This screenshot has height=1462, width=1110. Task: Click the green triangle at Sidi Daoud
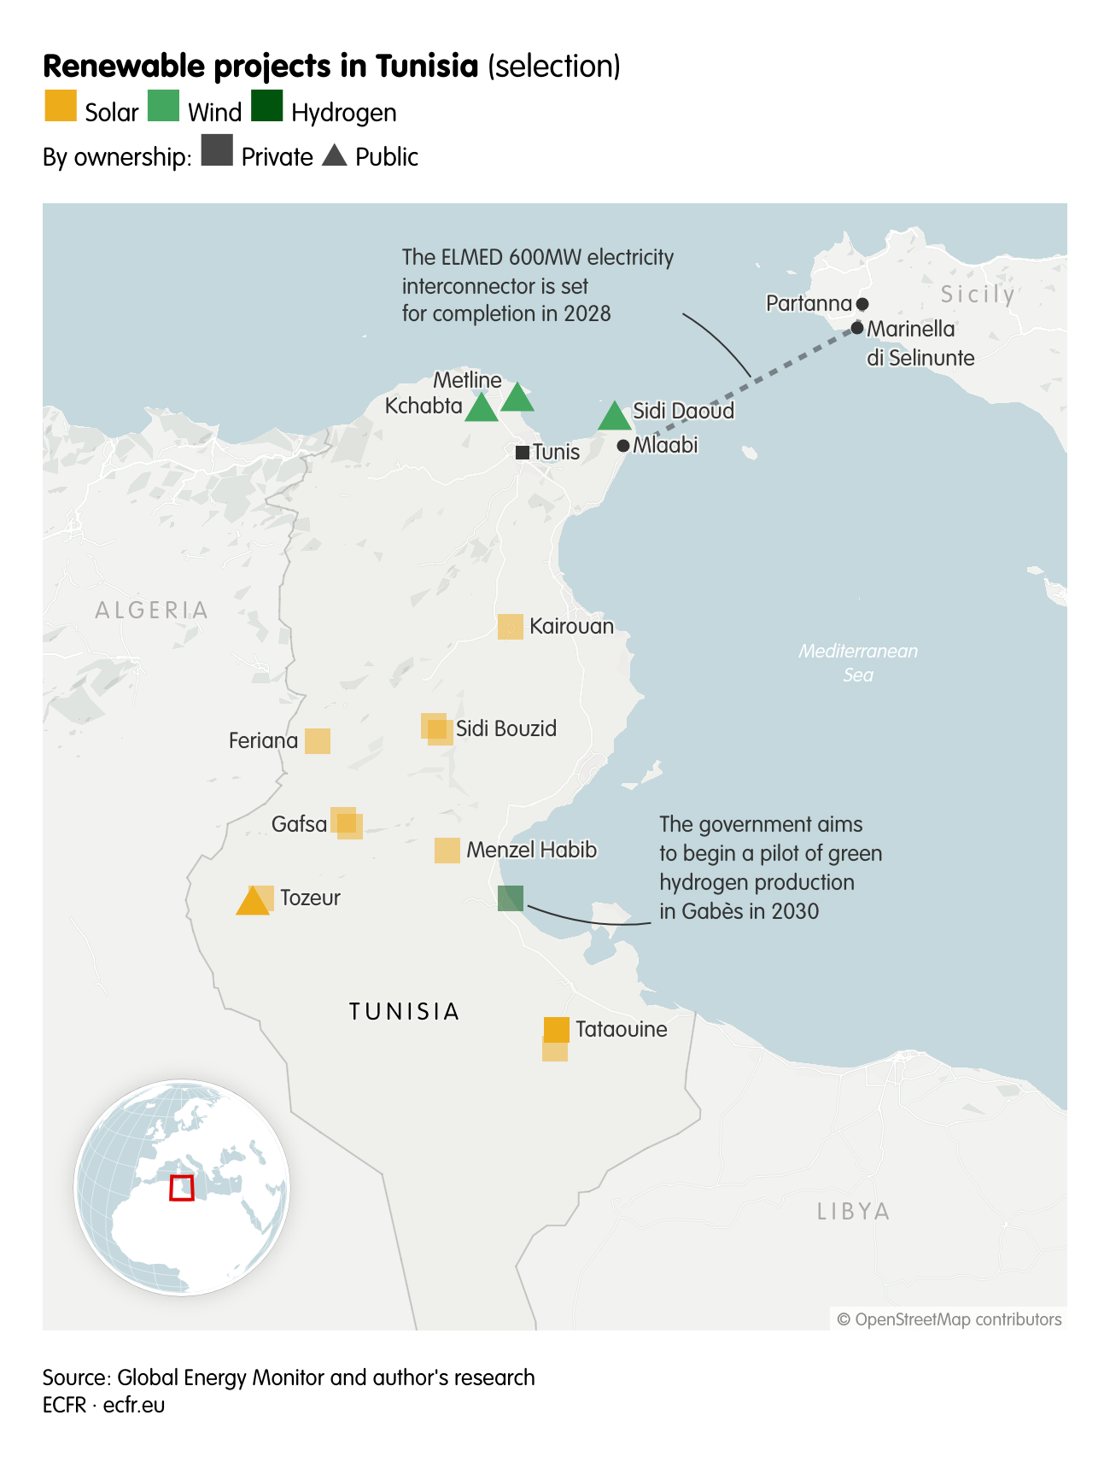614,418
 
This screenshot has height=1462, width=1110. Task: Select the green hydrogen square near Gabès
511,898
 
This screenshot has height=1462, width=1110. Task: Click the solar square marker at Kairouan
511,627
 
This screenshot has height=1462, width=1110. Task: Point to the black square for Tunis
522,453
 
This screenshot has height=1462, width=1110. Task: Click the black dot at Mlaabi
623,446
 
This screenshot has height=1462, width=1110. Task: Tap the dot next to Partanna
862,304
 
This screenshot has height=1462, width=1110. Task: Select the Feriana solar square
318,741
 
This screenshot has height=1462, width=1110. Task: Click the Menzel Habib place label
531,850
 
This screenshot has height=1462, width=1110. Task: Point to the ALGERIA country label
152,610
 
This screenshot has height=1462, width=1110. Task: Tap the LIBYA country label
853,1211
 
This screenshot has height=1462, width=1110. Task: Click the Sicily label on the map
978,295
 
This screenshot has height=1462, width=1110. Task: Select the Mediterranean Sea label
858,663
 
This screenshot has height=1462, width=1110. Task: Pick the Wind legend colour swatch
164,107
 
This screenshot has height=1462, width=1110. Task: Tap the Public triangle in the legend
335,156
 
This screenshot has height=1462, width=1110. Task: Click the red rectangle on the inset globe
182,1188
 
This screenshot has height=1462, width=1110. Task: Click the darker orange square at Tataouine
557,1029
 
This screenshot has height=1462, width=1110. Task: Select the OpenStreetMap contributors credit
949,1319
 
